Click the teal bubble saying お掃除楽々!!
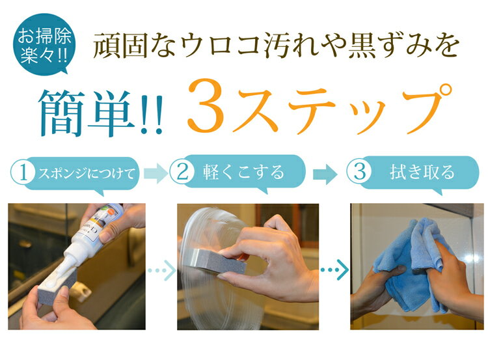(x=44, y=44)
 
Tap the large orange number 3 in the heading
(x=206, y=105)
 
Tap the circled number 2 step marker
(x=182, y=172)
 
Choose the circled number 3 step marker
(x=359, y=171)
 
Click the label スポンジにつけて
(x=87, y=173)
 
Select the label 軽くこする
(x=243, y=172)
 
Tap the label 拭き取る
(x=422, y=172)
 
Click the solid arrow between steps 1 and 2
(x=156, y=173)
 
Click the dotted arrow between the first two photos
(x=161, y=270)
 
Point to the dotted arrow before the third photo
(x=334, y=270)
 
